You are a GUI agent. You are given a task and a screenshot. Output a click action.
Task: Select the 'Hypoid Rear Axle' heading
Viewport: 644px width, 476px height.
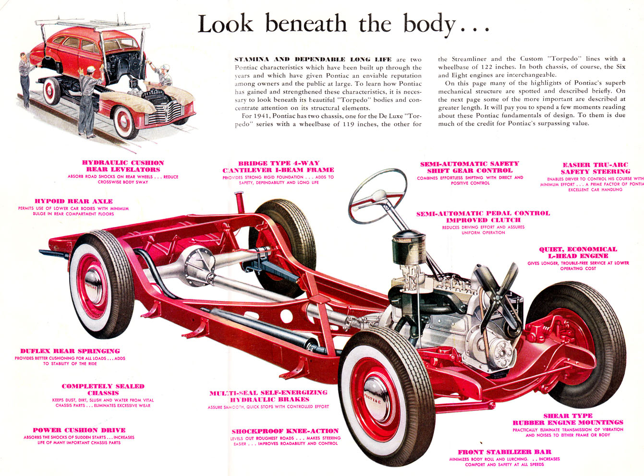point(73,201)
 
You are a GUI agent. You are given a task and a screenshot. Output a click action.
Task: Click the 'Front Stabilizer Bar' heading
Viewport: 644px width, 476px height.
point(504,452)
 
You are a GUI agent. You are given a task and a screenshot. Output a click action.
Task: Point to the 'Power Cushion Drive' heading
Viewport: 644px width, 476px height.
point(79,430)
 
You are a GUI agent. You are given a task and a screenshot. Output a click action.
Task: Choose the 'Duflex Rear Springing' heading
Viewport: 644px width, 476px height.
point(70,351)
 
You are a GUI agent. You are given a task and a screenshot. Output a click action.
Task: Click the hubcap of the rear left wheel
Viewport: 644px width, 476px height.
point(93,286)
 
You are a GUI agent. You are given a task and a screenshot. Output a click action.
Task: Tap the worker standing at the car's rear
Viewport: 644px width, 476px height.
point(26,79)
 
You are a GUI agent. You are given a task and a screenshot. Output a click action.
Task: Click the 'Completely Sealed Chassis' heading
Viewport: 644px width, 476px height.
point(103,390)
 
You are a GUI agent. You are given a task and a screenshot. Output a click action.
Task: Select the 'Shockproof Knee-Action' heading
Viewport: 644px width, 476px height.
point(285,431)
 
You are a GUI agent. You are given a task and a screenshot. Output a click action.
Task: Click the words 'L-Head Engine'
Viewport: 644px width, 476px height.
point(578,256)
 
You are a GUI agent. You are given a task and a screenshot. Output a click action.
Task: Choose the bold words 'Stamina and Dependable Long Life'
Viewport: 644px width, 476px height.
point(313,59)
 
